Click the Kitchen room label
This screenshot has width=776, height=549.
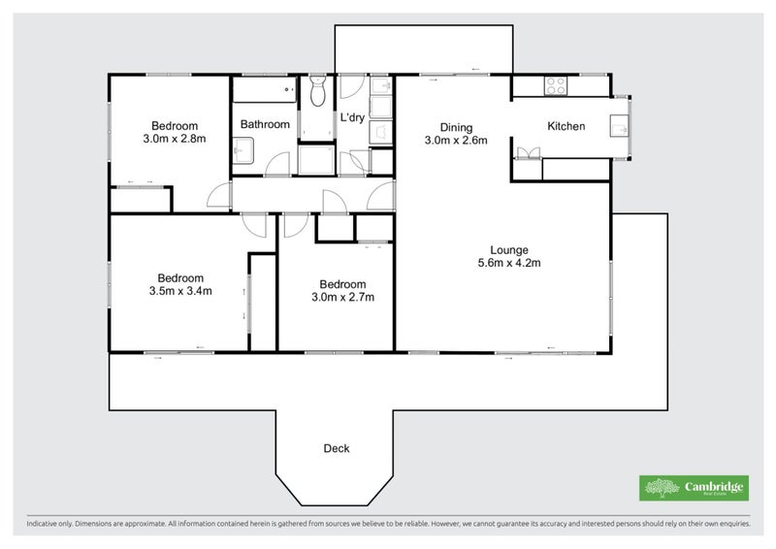[566, 126]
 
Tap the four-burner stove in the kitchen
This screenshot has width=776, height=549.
[556, 85]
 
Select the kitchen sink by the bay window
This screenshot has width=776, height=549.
[618, 126]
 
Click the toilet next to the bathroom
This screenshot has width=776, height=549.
[317, 95]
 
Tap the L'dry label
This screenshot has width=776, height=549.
[352, 118]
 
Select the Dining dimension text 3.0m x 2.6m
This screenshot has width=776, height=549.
[455, 140]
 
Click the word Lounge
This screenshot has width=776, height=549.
[508, 249]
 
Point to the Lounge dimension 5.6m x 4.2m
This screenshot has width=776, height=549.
[508, 262]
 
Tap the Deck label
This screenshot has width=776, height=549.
[336, 448]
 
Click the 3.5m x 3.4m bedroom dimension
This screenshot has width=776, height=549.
[180, 290]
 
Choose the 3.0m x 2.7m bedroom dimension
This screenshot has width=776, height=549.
[343, 297]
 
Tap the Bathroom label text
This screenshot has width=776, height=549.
[265, 124]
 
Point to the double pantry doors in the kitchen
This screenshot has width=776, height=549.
[528, 152]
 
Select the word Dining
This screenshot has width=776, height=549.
[455, 127]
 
